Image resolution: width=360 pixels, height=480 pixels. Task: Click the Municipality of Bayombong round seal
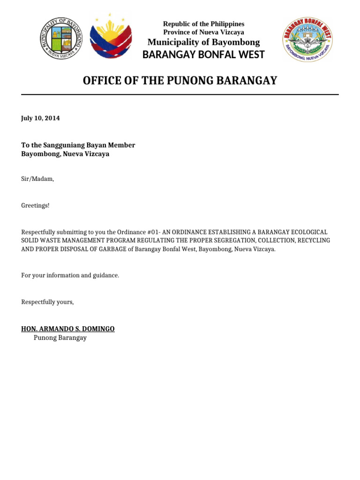(x=60, y=38)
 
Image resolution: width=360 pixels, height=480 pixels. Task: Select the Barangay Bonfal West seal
(x=307, y=40)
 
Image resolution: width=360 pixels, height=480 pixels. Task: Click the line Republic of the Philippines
(x=203, y=24)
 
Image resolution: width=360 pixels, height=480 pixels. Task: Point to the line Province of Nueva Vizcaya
(x=203, y=32)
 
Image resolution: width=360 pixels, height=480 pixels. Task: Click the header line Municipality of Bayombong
(x=203, y=42)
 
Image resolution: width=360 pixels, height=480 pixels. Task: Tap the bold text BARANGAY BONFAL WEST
(x=203, y=55)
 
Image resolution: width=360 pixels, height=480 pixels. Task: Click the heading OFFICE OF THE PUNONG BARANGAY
(x=180, y=81)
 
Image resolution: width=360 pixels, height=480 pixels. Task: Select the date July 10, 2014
(x=40, y=118)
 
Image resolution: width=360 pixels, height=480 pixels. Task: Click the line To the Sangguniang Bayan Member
(x=78, y=145)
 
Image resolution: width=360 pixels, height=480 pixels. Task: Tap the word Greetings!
(x=35, y=205)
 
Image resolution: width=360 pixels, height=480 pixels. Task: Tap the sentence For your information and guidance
(x=70, y=275)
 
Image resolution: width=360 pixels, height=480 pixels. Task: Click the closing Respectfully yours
(x=47, y=302)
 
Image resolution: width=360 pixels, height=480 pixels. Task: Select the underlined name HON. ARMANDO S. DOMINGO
(x=68, y=329)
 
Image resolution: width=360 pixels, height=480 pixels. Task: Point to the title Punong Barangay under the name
(x=60, y=337)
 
